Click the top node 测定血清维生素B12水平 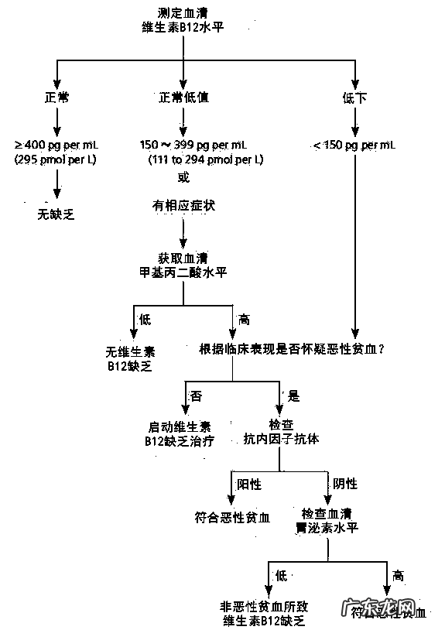[x=183, y=20]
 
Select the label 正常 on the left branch [x=56, y=98]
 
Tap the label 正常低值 [x=183, y=98]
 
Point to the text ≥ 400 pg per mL [x=56, y=145]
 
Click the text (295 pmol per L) [x=56, y=159]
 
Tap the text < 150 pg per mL [x=354, y=145]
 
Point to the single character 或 [x=183, y=177]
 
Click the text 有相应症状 [x=183, y=206]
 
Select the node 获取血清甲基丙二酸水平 [x=183, y=265]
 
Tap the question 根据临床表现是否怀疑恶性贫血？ [x=293, y=349]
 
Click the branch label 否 [x=197, y=395]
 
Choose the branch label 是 [x=293, y=395]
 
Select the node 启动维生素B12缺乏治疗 [x=179, y=433]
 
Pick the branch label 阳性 [x=249, y=484]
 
